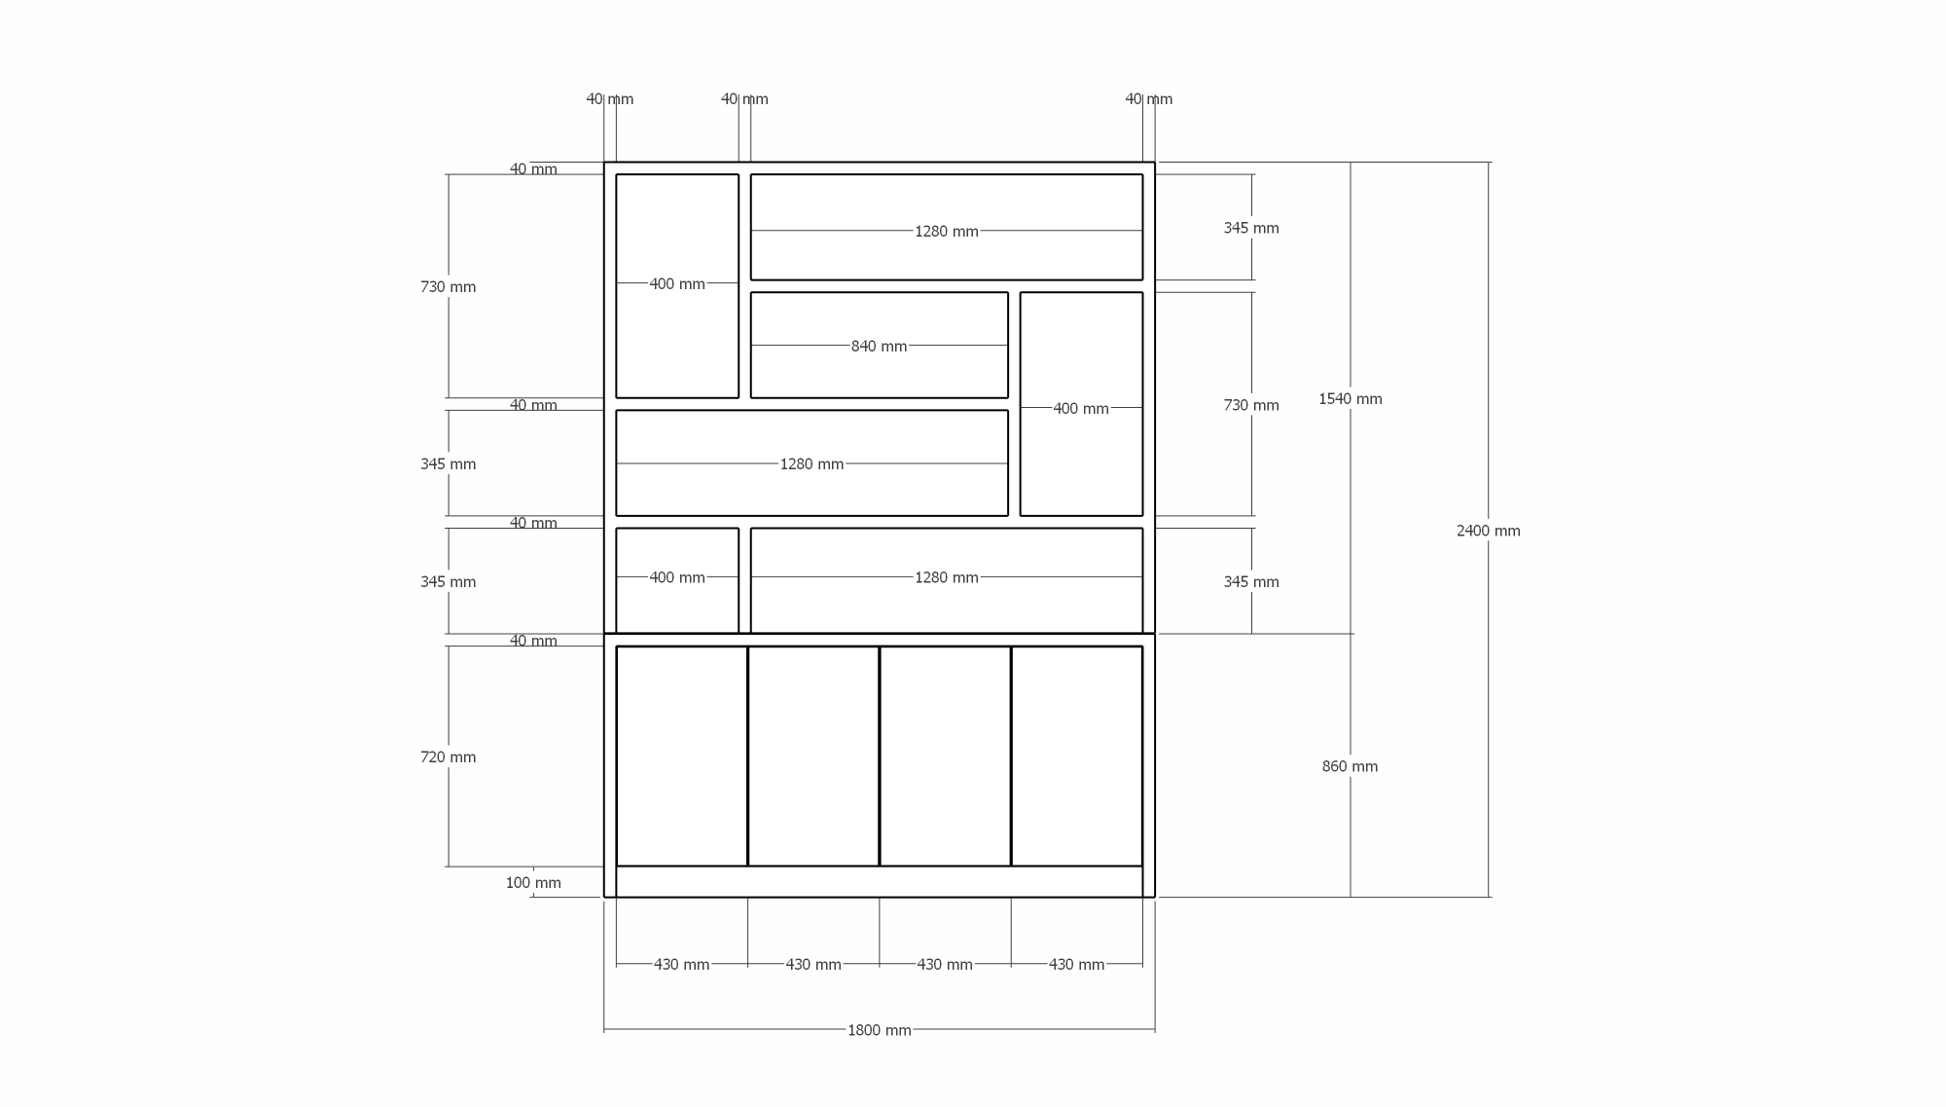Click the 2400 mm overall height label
pos(1488,531)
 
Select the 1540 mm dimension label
pos(1350,398)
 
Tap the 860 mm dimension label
pos(1350,766)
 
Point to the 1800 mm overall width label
pos(879,1030)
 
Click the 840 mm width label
pos(879,346)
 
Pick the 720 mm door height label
pos(448,756)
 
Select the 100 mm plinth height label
pos(533,883)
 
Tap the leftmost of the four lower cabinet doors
pos(681,756)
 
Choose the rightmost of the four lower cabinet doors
pos(1076,756)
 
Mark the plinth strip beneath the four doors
pos(879,881)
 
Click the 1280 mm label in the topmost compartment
pos(946,231)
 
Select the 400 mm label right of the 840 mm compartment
pos(1080,408)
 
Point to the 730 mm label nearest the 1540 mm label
pos(1251,405)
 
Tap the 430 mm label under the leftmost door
pos(681,964)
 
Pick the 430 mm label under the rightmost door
pos(1076,964)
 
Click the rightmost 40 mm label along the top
pos(1148,99)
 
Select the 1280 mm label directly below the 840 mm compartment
pos(811,463)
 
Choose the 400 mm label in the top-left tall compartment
pos(676,283)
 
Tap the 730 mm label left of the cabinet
pos(448,286)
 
